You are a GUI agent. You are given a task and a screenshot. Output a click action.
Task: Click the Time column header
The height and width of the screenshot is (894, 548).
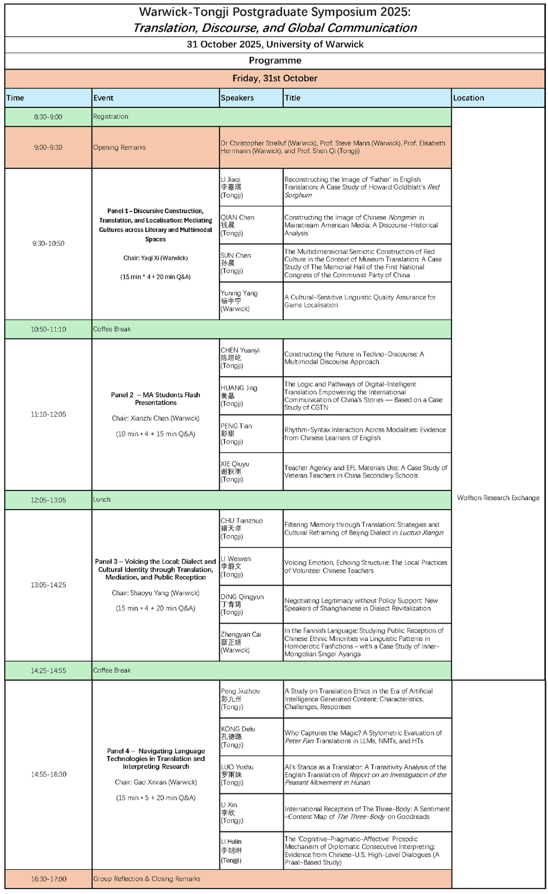16,98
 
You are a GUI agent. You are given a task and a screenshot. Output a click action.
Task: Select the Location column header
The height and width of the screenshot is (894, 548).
468,98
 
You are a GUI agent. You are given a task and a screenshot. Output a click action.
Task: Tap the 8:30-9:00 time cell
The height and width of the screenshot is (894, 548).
48,117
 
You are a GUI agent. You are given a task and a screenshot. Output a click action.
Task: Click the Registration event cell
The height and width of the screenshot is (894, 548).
111,116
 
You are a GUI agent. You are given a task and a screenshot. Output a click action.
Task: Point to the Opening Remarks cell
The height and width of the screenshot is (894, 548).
120,148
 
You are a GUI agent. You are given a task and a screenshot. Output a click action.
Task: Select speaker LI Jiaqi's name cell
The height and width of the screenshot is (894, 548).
231,187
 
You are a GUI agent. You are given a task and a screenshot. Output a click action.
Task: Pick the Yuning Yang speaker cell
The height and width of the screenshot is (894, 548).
239,301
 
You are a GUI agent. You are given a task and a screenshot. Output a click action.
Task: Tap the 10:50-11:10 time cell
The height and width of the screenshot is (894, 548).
48,329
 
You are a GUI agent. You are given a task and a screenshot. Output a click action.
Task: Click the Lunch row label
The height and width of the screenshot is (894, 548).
102,500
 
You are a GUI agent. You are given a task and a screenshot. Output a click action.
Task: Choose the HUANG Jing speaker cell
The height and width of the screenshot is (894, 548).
239,396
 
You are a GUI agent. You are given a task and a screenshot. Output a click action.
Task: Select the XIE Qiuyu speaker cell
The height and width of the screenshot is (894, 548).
235,472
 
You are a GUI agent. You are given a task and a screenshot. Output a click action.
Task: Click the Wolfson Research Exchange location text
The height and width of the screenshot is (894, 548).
498,498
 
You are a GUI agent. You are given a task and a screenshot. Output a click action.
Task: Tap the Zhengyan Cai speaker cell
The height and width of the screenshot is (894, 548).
241,642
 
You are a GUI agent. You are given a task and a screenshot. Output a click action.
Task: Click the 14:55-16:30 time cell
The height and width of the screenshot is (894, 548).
48,774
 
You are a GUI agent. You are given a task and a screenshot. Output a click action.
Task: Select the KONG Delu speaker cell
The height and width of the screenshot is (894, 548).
237,736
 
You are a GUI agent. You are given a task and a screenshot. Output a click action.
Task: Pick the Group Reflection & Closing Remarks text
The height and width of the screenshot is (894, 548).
147,879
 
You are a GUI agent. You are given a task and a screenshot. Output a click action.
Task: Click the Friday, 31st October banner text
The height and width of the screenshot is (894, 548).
275,78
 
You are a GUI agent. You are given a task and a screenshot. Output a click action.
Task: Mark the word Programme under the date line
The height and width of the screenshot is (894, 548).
275,60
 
